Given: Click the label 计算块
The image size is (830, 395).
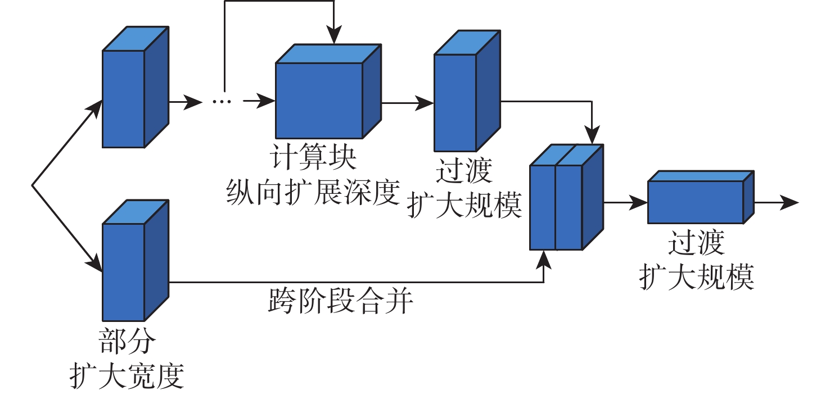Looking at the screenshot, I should pyautogui.click(x=314, y=158).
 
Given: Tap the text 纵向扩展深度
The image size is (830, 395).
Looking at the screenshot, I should pyautogui.click(x=313, y=192).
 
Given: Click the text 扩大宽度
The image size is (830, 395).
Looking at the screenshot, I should pyautogui.click(x=127, y=375).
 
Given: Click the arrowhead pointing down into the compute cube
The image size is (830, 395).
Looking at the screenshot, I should pyautogui.click(x=335, y=37).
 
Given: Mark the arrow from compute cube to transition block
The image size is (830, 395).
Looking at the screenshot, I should pyautogui.click(x=407, y=103).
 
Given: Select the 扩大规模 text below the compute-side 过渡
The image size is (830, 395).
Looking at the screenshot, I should pyautogui.click(x=464, y=206).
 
